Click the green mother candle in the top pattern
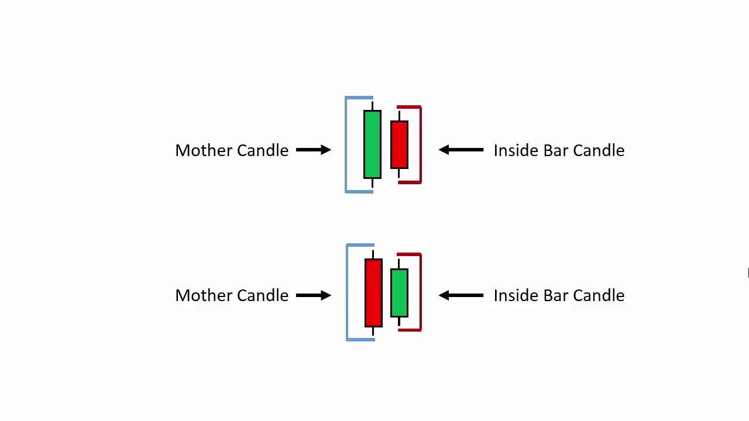click(x=372, y=144)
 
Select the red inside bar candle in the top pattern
click(x=399, y=144)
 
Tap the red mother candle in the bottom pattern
click(x=373, y=293)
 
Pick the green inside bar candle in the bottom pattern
click(x=399, y=293)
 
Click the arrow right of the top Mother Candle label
click(x=314, y=150)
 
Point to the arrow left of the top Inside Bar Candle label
click(x=461, y=150)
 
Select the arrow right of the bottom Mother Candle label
click(x=314, y=295)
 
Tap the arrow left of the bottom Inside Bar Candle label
click(x=461, y=295)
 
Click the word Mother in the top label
click(x=204, y=150)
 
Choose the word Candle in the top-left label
click(x=263, y=150)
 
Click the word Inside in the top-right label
click(x=516, y=150)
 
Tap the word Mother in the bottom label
click(x=204, y=295)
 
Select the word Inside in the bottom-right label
click(x=516, y=295)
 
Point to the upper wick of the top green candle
click(x=373, y=106)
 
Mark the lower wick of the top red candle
click(x=399, y=173)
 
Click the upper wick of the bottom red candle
click(x=373, y=254)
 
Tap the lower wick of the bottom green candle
click(x=399, y=322)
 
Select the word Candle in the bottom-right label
click(x=599, y=295)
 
